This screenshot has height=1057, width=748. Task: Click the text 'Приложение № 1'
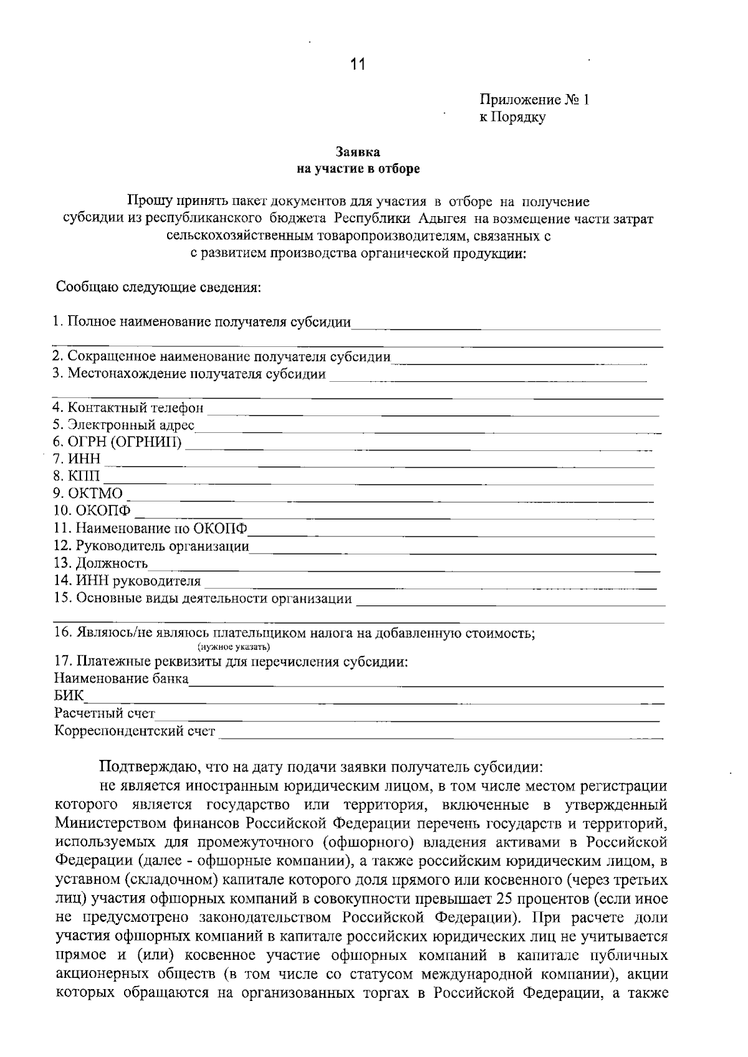534,100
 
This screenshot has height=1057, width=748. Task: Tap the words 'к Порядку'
512,117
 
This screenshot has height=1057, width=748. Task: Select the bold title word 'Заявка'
358,152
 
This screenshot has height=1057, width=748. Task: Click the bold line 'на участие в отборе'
358,169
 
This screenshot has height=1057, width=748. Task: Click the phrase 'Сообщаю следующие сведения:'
158,288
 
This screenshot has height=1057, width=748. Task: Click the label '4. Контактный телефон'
128,409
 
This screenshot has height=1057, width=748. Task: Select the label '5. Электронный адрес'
124,426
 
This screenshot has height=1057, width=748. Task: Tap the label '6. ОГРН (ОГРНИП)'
118,443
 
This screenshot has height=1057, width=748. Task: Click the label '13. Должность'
100,564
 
